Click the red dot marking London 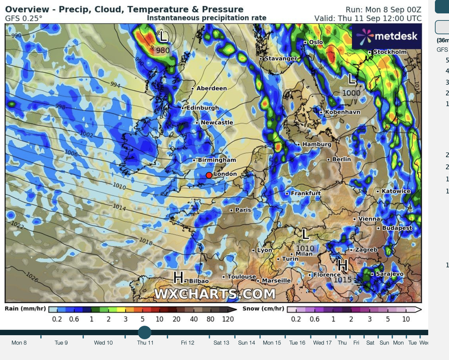pyautogui.click(x=209, y=175)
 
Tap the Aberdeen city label pyautogui.click(x=211, y=88)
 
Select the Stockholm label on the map pyautogui.click(x=390, y=52)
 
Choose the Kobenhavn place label pyautogui.click(x=342, y=112)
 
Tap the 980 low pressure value pyautogui.click(x=163, y=50)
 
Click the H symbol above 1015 pyautogui.click(x=342, y=266)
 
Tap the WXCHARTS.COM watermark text pyautogui.click(x=215, y=294)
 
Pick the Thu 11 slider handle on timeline pyautogui.click(x=145, y=332)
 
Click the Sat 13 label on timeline pyautogui.click(x=221, y=343)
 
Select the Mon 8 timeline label pyautogui.click(x=19, y=343)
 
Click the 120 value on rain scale pyautogui.click(x=227, y=319)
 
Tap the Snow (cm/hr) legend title pyautogui.click(x=263, y=309)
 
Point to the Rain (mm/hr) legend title pyautogui.click(x=25, y=309)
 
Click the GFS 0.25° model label pyautogui.click(x=24, y=18)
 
